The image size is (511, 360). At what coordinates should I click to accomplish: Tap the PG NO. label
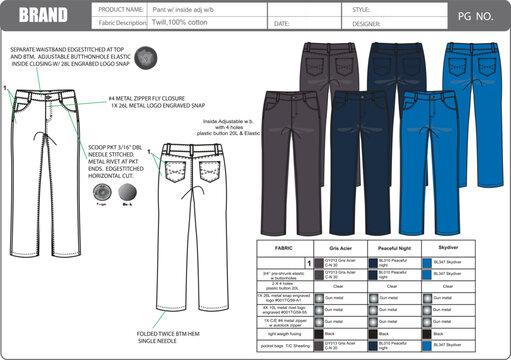472,16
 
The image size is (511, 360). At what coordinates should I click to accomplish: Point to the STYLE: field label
361,8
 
